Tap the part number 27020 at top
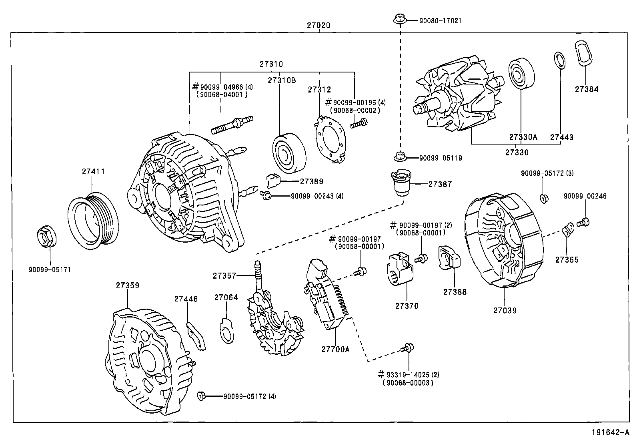pyautogui.click(x=318, y=25)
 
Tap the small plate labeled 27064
pyautogui.click(x=226, y=330)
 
